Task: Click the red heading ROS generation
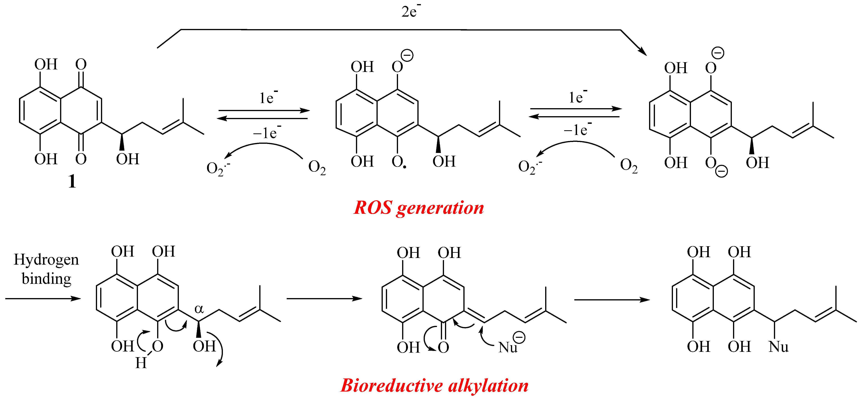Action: (x=419, y=208)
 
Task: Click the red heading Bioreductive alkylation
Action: (x=434, y=386)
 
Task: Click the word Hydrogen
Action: (x=46, y=260)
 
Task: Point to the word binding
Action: (x=46, y=278)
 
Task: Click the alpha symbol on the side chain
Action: (x=199, y=309)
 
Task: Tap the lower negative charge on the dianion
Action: (x=721, y=171)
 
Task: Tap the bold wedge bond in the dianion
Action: (x=752, y=146)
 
